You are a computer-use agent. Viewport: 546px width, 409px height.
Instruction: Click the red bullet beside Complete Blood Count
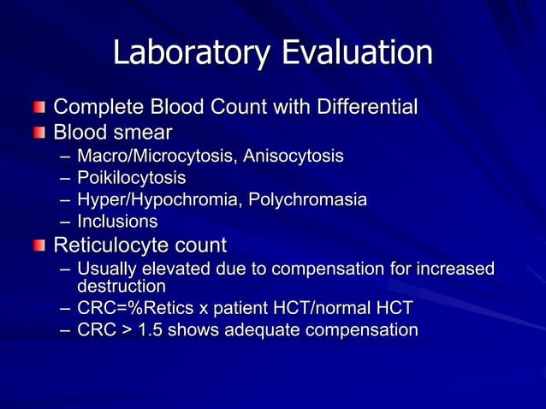tap(39, 109)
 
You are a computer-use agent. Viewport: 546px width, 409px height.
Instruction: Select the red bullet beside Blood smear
tap(39, 133)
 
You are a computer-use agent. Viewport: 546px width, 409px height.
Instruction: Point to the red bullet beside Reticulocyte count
tap(39, 246)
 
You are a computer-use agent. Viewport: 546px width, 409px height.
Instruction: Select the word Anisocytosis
tap(294, 157)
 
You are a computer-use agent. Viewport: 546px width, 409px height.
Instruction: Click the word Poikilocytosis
tap(131, 178)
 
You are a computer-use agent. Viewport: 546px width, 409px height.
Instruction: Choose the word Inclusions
tap(117, 222)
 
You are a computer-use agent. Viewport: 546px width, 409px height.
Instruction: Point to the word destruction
tap(122, 286)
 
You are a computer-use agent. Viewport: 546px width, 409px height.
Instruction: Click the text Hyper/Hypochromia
tap(154, 200)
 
